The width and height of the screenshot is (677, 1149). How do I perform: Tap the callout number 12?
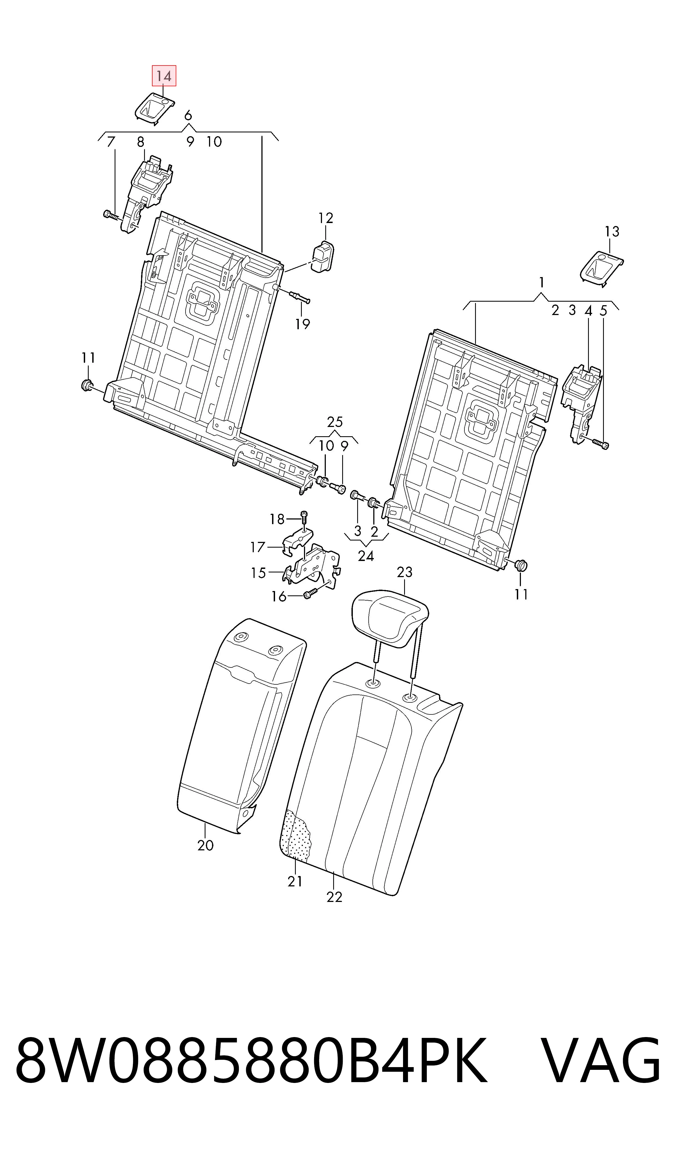click(x=326, y=218)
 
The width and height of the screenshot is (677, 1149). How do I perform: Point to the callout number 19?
click(x=302, y=324)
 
